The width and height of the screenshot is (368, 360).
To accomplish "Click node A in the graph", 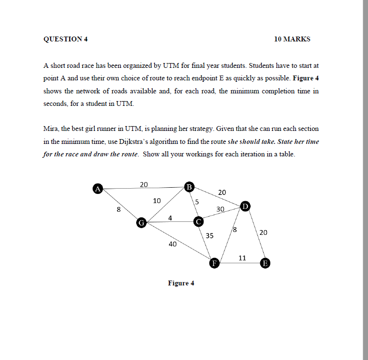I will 98,189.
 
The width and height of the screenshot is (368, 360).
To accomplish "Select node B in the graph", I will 190,186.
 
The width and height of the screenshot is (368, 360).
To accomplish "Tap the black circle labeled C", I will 198,222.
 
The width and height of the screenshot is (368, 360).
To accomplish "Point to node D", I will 245,206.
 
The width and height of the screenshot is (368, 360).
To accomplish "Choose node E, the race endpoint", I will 265,263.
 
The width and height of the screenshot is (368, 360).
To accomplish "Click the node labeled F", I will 215,263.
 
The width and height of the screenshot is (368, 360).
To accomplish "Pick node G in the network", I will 141,222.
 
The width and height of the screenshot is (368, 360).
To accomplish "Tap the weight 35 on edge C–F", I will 210,236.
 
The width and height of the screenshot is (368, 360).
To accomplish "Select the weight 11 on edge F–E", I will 242,258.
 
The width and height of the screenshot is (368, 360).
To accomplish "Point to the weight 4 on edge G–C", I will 170,218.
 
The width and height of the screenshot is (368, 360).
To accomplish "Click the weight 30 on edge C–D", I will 221,209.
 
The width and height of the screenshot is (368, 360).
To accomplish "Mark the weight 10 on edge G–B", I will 157,200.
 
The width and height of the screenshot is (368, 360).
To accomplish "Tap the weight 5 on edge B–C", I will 197,201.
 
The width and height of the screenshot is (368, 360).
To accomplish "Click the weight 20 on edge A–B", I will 144,184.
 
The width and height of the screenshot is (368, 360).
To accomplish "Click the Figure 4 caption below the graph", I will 181,283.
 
